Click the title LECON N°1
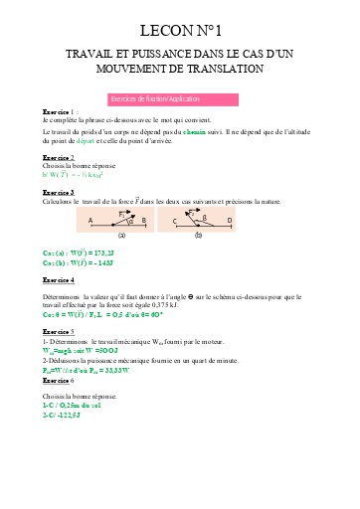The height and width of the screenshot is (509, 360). [180, 31]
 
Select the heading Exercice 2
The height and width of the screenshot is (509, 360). [59, 157]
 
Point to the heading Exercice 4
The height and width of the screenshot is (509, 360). [59, 280]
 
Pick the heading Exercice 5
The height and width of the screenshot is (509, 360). [59, 330]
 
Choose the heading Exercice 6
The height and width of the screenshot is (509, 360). [59, 381]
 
